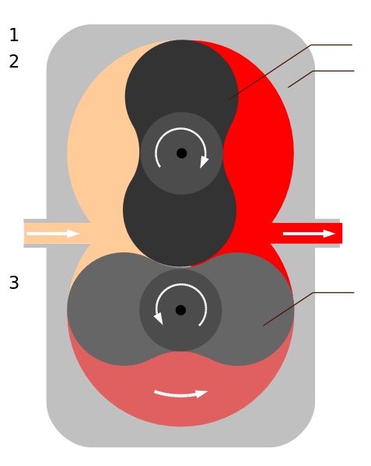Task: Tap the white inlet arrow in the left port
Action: (53, 233)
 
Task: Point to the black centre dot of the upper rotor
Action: (181, 153)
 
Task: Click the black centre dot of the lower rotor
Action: (180, 310)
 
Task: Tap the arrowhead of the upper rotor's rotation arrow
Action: (205, 162)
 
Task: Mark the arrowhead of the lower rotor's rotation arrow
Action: (158, 318)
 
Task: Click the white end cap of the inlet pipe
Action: (21, 233)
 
